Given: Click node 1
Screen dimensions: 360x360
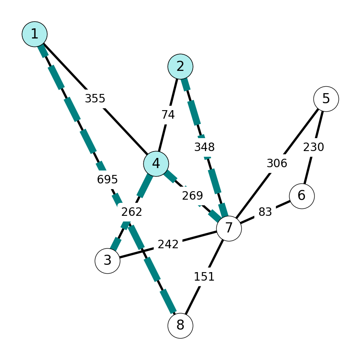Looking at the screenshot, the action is pyautogui.click(x=35, y=34).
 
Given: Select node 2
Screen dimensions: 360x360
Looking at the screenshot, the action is pyautogui.click(x=180, y=66).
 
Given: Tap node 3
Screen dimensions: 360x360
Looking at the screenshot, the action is pyautogui.click(x=107, y=261).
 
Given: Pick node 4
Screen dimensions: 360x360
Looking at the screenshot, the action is pyautogui.click(x=156, y=164).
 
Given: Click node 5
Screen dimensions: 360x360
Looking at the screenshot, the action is pyautogui.click(x=326, y=99).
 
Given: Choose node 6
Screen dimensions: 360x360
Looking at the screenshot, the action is pyautogui.click(x=302, y=196).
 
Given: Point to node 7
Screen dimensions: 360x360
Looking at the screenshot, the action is pyautogui.click(x=229, y=228).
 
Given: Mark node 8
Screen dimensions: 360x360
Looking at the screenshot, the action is pyautogui.click(x=180, y=326).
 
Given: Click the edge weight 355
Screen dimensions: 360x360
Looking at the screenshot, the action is pyautogui.click(x=95, y=98).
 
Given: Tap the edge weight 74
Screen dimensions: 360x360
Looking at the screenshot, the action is pyautogui.click(x=168, y=115).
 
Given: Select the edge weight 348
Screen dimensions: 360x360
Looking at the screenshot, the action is pyautogui.click(x=204, y=147).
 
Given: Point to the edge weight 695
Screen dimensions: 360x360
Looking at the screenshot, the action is pyautogui.click(x=107, y=179).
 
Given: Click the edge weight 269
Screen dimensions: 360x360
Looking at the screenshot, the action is pyautogui.click(x=192, y=196).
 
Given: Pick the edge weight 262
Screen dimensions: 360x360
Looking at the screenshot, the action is pyautogui.click(x=132, y=212).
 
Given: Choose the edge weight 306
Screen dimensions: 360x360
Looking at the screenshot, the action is pyautogui.click(x=277, y=164).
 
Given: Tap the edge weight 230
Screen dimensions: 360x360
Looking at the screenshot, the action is pyautogui.click(x=313, y=147).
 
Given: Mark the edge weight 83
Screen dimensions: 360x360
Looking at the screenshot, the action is pyautogui.click(x=265, y=212).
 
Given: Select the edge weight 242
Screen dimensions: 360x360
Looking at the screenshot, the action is pyautogui.click(x=168, y=244).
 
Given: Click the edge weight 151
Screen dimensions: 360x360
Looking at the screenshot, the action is pyautogui.click(x=204, y=277).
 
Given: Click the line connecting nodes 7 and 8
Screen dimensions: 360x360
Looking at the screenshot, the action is pyautogui.click(x=204, y=277).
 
